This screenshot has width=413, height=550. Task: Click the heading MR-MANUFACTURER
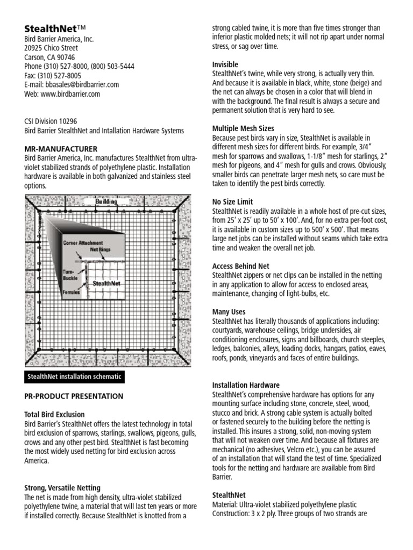[x=61, y=148]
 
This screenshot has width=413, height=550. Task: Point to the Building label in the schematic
[x=106, y=201]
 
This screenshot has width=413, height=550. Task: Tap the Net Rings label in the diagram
[x=101, y=250]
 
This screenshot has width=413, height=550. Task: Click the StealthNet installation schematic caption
[x=75, y=377]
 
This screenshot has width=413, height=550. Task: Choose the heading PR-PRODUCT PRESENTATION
[x=74, y=396]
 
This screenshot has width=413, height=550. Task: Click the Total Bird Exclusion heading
[x=54, y=415]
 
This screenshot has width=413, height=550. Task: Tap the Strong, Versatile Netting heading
[x=62, y=488]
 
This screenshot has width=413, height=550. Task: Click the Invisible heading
[x=225, y=64]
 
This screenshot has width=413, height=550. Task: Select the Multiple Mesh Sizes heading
[x=243, y=128]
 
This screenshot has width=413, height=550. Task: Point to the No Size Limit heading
[x=232, y=202]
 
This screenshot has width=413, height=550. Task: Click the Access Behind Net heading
[x=240, y=266]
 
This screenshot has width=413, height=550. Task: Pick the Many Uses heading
[x=229, y=312]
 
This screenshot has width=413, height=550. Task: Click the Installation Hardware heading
[x=246, y=385]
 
